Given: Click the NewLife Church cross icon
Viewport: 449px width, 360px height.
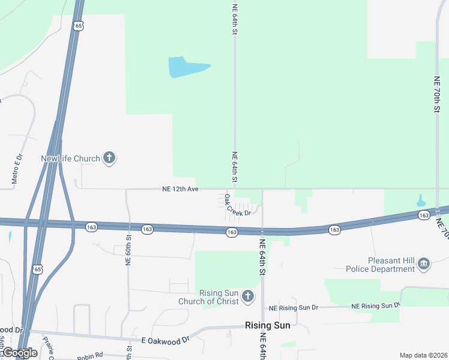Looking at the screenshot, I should tap(109, 158).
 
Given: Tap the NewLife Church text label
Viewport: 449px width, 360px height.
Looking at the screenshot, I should tap(70, 159).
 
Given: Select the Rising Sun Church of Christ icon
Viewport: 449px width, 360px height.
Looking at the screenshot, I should tap(247, 296).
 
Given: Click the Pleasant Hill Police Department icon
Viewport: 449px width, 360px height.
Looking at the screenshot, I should tap(424, 264).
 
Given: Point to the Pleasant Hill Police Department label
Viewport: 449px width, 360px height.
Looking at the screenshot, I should tap(381, 265).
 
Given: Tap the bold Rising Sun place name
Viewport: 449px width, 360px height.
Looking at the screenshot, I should tap(267, 325).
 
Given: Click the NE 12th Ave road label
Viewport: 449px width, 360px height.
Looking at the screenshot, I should tap(180, 188).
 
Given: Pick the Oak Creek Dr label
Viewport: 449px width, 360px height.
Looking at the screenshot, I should tap(237, 206).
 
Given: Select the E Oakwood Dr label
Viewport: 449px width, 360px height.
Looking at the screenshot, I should tap(165, 340).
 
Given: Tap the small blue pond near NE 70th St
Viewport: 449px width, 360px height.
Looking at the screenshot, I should tap(420, 200).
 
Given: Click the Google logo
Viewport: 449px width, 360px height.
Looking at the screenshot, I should tap(19, 353).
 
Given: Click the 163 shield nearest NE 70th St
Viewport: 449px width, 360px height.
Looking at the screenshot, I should tap(424, 215).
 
